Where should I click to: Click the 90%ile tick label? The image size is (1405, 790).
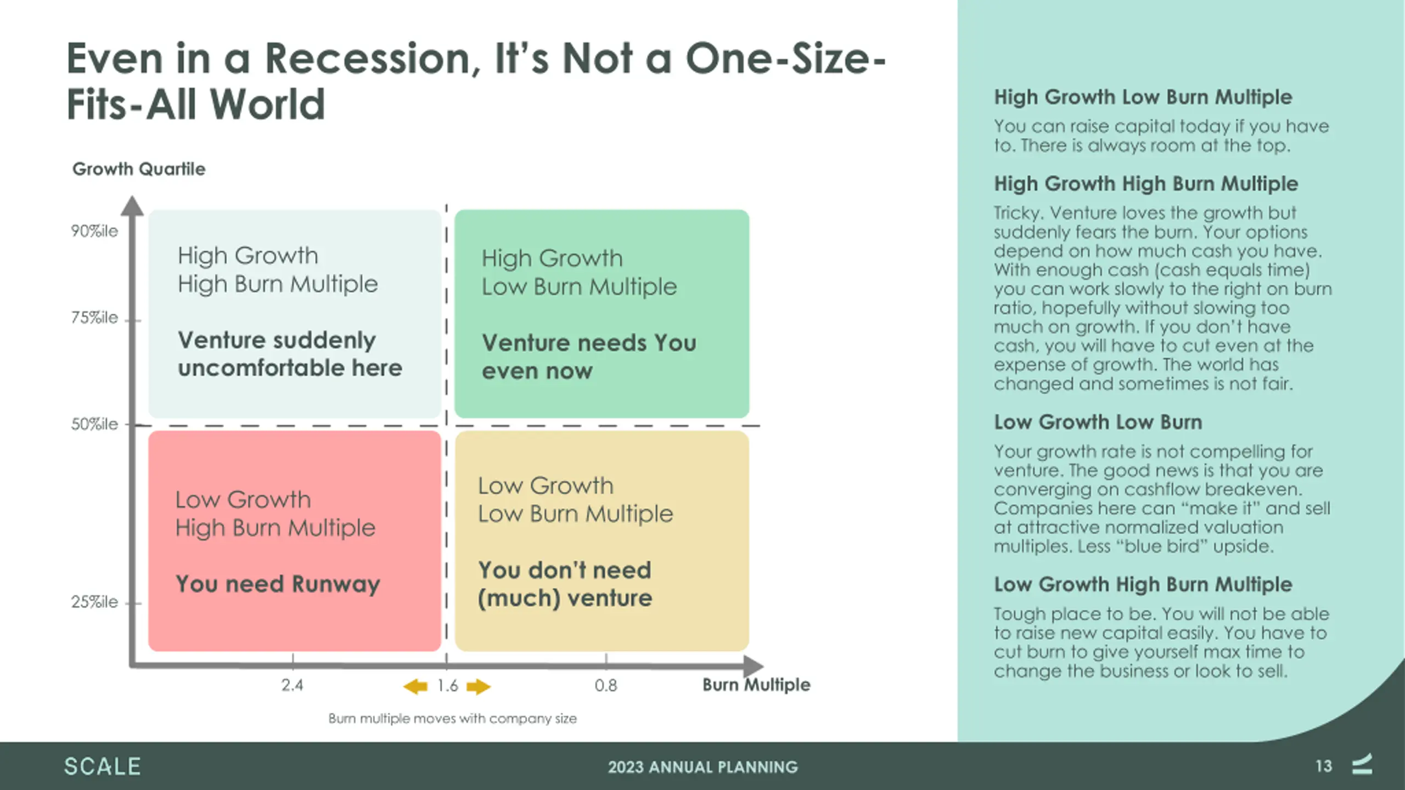94,231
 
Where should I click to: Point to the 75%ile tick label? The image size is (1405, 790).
94,318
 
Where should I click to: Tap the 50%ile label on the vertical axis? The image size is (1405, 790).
94,424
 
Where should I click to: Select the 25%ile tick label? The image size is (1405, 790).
94,602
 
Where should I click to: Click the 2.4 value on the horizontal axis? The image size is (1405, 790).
292,685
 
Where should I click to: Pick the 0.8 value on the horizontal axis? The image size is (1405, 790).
606,685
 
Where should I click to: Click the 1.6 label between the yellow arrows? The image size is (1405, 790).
447,686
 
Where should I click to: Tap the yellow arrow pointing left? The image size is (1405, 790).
415,686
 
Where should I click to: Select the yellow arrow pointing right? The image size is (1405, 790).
479,686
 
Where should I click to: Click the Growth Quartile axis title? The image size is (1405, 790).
139,169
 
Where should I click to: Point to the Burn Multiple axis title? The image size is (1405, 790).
756,685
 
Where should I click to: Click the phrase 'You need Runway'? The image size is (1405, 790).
278,584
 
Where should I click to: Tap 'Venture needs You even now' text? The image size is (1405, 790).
589,357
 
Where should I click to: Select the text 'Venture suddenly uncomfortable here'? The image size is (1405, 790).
290,354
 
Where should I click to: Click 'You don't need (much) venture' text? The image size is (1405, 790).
565,584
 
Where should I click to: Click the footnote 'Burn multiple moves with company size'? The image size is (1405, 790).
453,719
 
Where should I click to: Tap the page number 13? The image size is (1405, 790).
1324,766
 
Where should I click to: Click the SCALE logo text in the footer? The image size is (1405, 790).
103,766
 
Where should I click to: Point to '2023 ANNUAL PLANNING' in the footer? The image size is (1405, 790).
703,767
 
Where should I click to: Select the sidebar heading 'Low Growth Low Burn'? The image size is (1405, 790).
1098,422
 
